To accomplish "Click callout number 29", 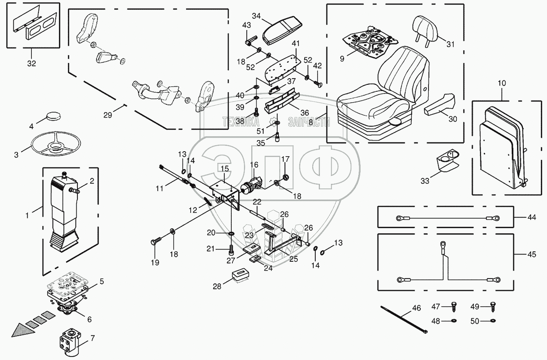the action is (x=108, y=115).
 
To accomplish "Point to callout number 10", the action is (x=502, y=83).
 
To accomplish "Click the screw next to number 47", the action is (x=454, y=307).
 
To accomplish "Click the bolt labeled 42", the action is (x=317, y=84).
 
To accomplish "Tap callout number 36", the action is (x=305, y=113).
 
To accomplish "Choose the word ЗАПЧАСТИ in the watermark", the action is (x=309, y=122).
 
